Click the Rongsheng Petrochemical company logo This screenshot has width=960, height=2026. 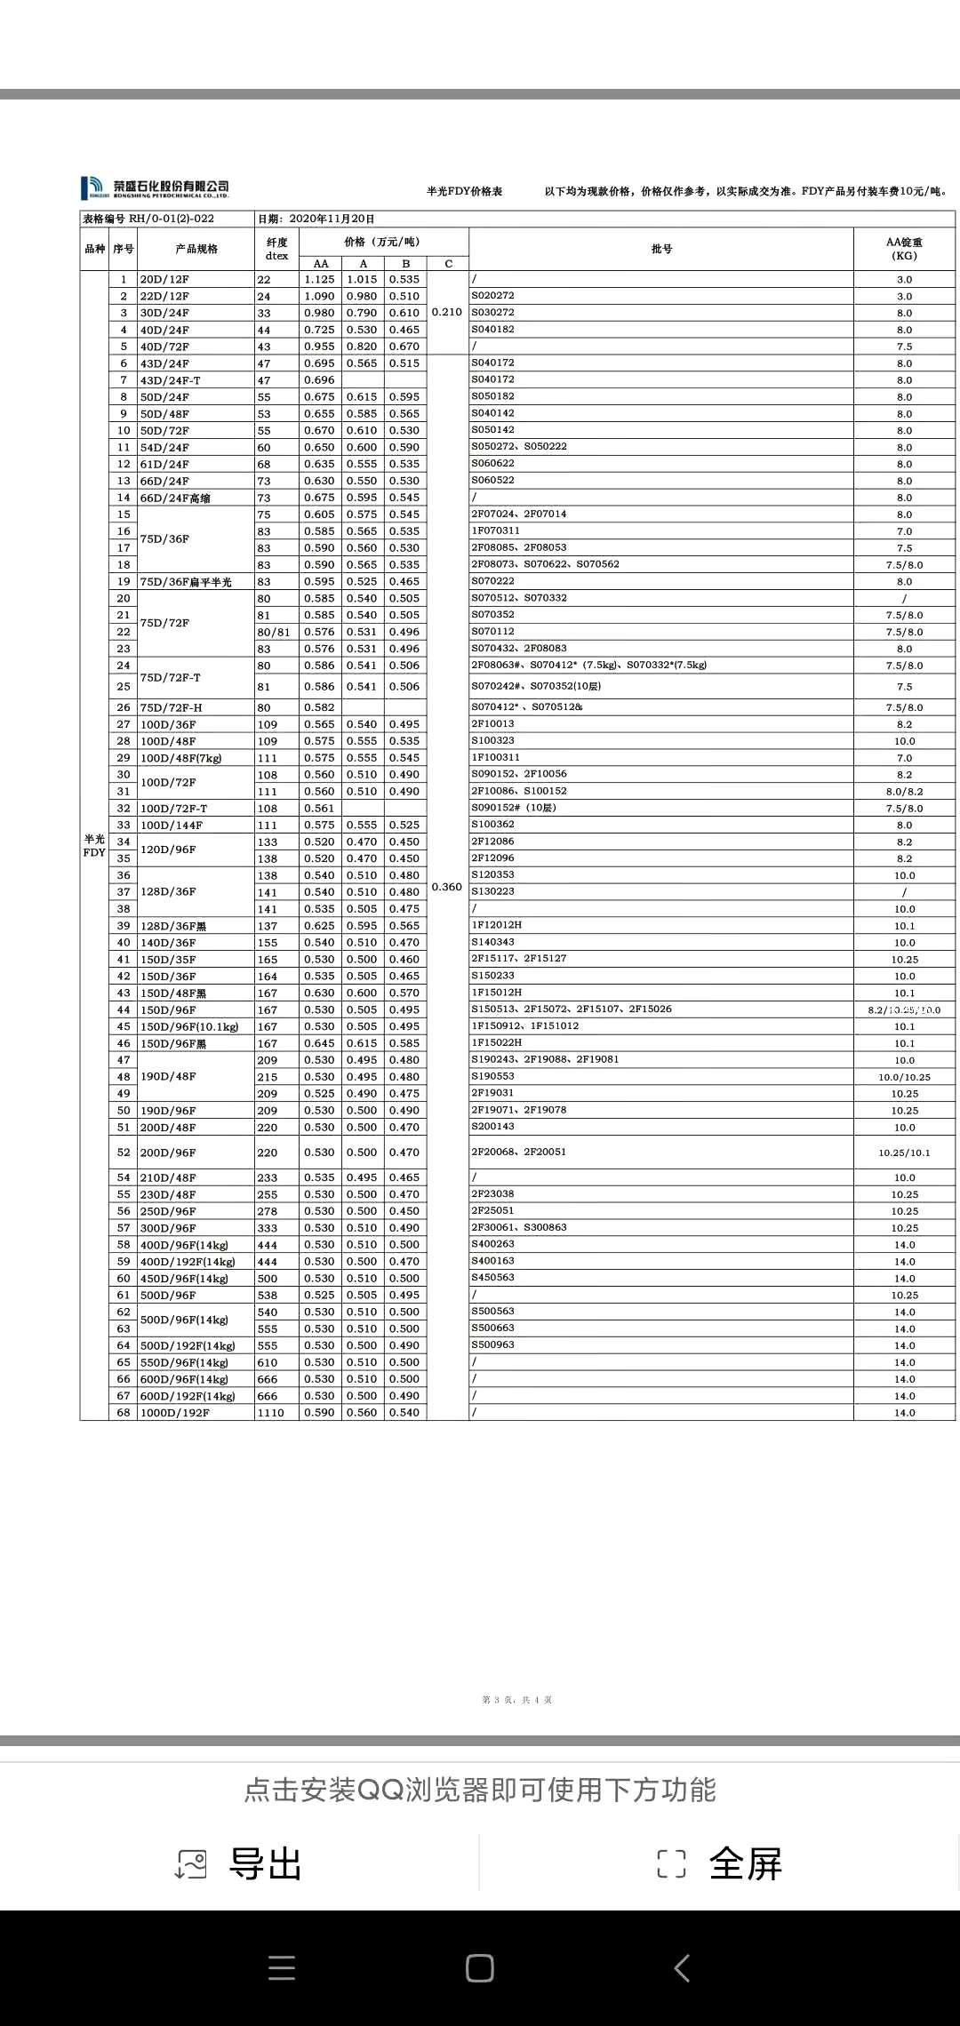(x=156, y=187)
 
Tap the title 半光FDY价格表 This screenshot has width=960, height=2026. (x=464, y=191)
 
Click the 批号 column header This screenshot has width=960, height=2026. (x=661, y=249)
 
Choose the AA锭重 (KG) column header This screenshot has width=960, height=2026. (x=904, y=249)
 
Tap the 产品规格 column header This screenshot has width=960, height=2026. (x=196, y=249)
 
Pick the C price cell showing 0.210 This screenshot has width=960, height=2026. (x=446, y=312)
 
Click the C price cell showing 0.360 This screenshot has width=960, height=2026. (x=446, y=887)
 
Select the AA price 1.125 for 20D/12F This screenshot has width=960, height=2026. (x=320, y=279)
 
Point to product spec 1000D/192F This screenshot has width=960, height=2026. (x=175, y=1413)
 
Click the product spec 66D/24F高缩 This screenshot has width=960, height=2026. (x=175, y=498)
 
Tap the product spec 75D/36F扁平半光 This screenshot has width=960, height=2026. (x=186, y=582)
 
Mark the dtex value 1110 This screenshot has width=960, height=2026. (x=270, y=1413)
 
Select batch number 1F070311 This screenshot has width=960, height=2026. (x=495, y=530)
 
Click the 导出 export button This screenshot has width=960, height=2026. (x=240, y=1863)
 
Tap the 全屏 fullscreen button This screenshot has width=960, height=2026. (x=720, y=1863)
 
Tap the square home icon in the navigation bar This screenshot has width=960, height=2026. (x=480, y=1968)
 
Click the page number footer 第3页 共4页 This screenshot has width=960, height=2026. (x=516, y=1700)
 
